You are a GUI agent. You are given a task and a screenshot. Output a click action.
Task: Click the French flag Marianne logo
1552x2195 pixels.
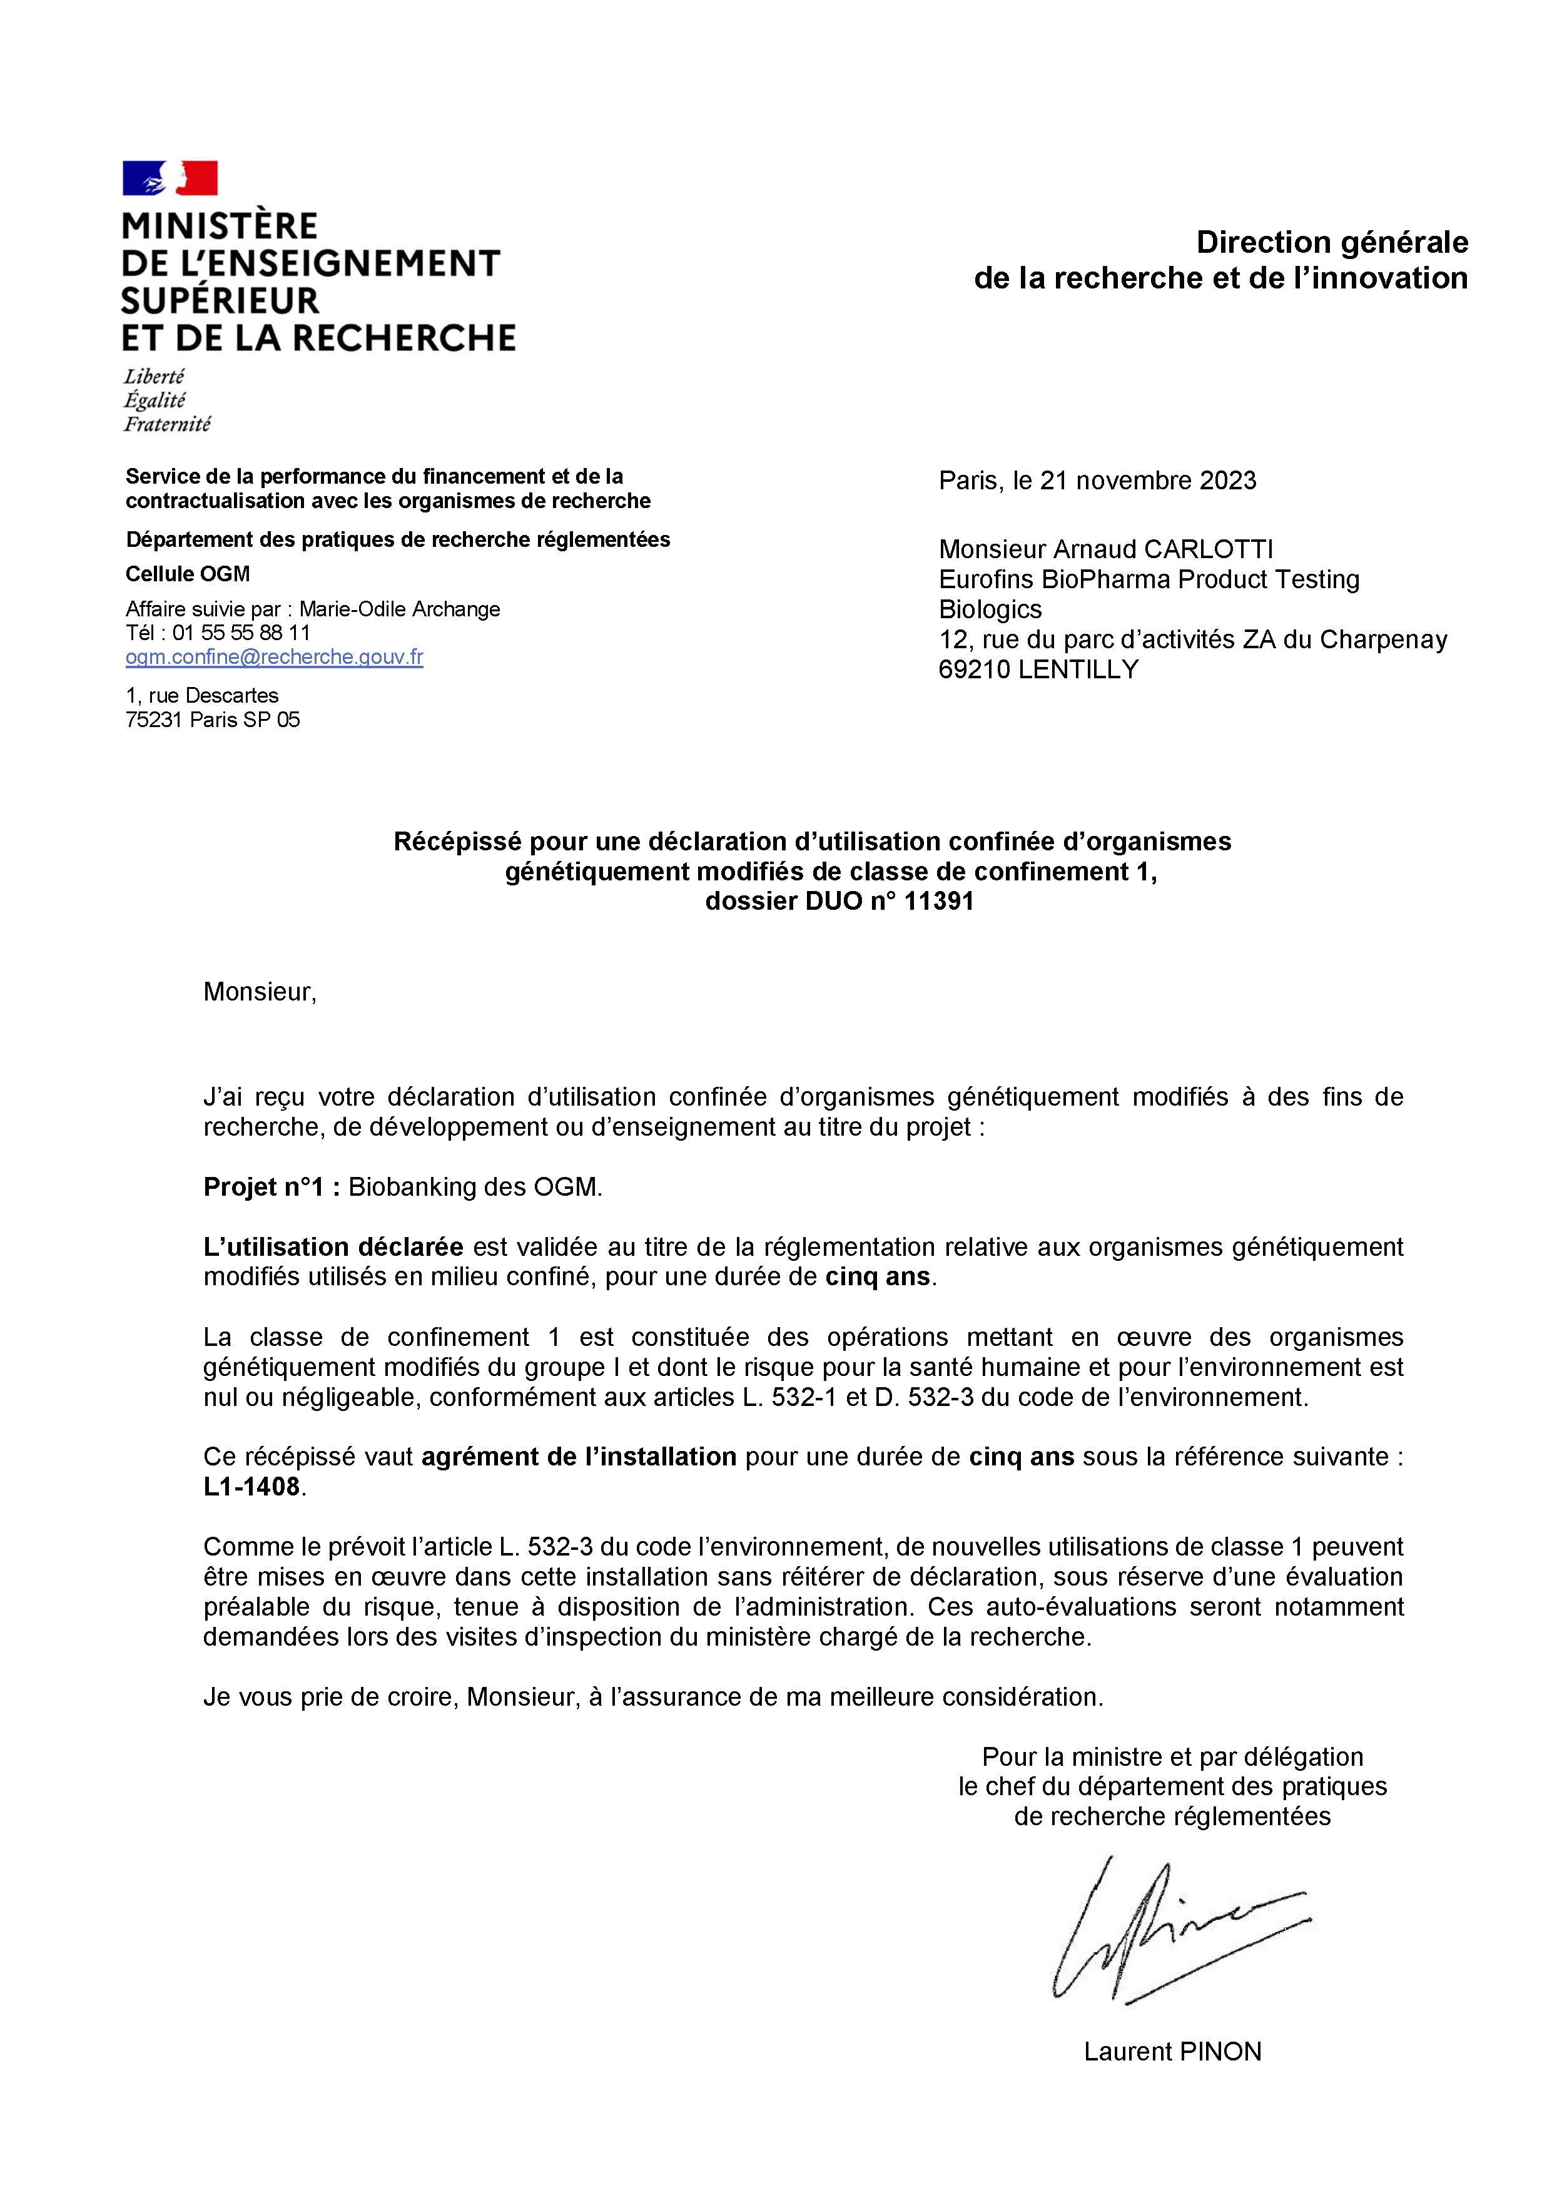coord(170,178)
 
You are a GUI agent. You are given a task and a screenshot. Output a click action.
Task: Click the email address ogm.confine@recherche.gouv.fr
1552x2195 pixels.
coord(274,657)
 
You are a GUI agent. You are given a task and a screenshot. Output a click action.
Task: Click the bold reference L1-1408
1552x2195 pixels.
coord(252,1487)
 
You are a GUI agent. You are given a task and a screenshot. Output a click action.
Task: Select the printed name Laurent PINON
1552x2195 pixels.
coord(1172,2052)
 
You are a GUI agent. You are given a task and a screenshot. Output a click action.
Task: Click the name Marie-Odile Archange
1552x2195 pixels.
coord(400,609)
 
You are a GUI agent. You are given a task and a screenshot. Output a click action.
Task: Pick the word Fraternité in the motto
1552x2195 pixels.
coord(167,424)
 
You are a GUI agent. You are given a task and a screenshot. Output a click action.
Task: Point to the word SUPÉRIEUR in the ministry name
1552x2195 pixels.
coord(220,300)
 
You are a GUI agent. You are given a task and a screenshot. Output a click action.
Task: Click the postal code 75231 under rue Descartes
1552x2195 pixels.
coord(154,720)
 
